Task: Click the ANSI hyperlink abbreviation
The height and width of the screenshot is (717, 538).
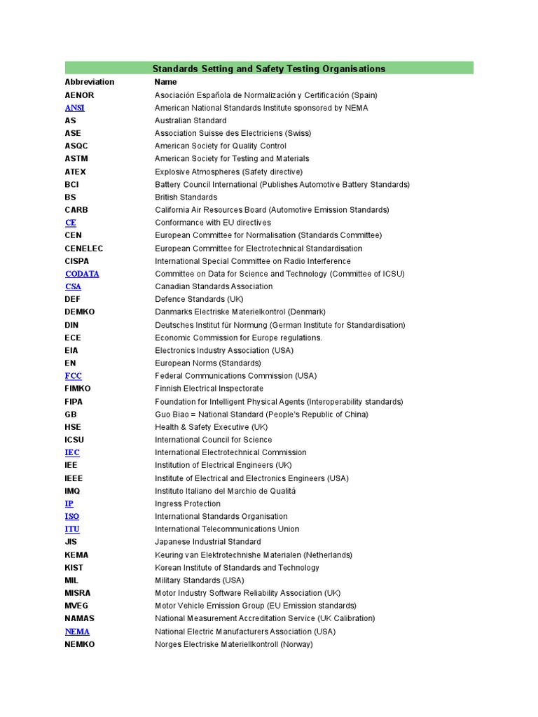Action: click(x=74, y=108)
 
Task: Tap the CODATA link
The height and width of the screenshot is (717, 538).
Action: click(x=82, y=274)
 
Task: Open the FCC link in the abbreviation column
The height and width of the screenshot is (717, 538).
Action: click(x=73, y=376)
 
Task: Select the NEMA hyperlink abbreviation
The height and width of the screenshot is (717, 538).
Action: click(x=77, y=632)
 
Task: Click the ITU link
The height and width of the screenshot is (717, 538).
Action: click(x=72, y=529)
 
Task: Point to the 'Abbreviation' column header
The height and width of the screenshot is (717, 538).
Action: click(x=89, y=82)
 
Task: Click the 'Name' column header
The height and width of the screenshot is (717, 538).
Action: click(x=166, y=82)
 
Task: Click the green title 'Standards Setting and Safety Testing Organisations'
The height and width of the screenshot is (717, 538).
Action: click(x=269, y=69)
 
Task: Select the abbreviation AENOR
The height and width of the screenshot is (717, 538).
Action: click(x=79, y=95)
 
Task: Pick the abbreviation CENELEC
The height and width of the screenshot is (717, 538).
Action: click(x=84, y=249)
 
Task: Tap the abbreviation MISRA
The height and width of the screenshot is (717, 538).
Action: click(x=78, y=593)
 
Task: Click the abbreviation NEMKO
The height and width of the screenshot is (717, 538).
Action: click(x=80, y=644)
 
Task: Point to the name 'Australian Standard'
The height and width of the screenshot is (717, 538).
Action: click(x=191, y=120)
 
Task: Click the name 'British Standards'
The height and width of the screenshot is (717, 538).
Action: click(x=186, y=197)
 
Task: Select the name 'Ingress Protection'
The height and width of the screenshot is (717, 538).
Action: click(x=188, y=504)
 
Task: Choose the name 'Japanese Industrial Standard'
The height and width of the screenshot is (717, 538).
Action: click(x=207, y=542)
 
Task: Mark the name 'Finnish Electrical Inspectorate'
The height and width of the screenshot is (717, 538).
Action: click(x=209, y=389)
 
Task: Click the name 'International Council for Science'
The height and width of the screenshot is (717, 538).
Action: click(x=213, y=440)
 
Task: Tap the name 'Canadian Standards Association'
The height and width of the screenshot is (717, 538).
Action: click(x=214, y=286)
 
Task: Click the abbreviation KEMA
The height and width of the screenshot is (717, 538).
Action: click(x=76, y=555)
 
